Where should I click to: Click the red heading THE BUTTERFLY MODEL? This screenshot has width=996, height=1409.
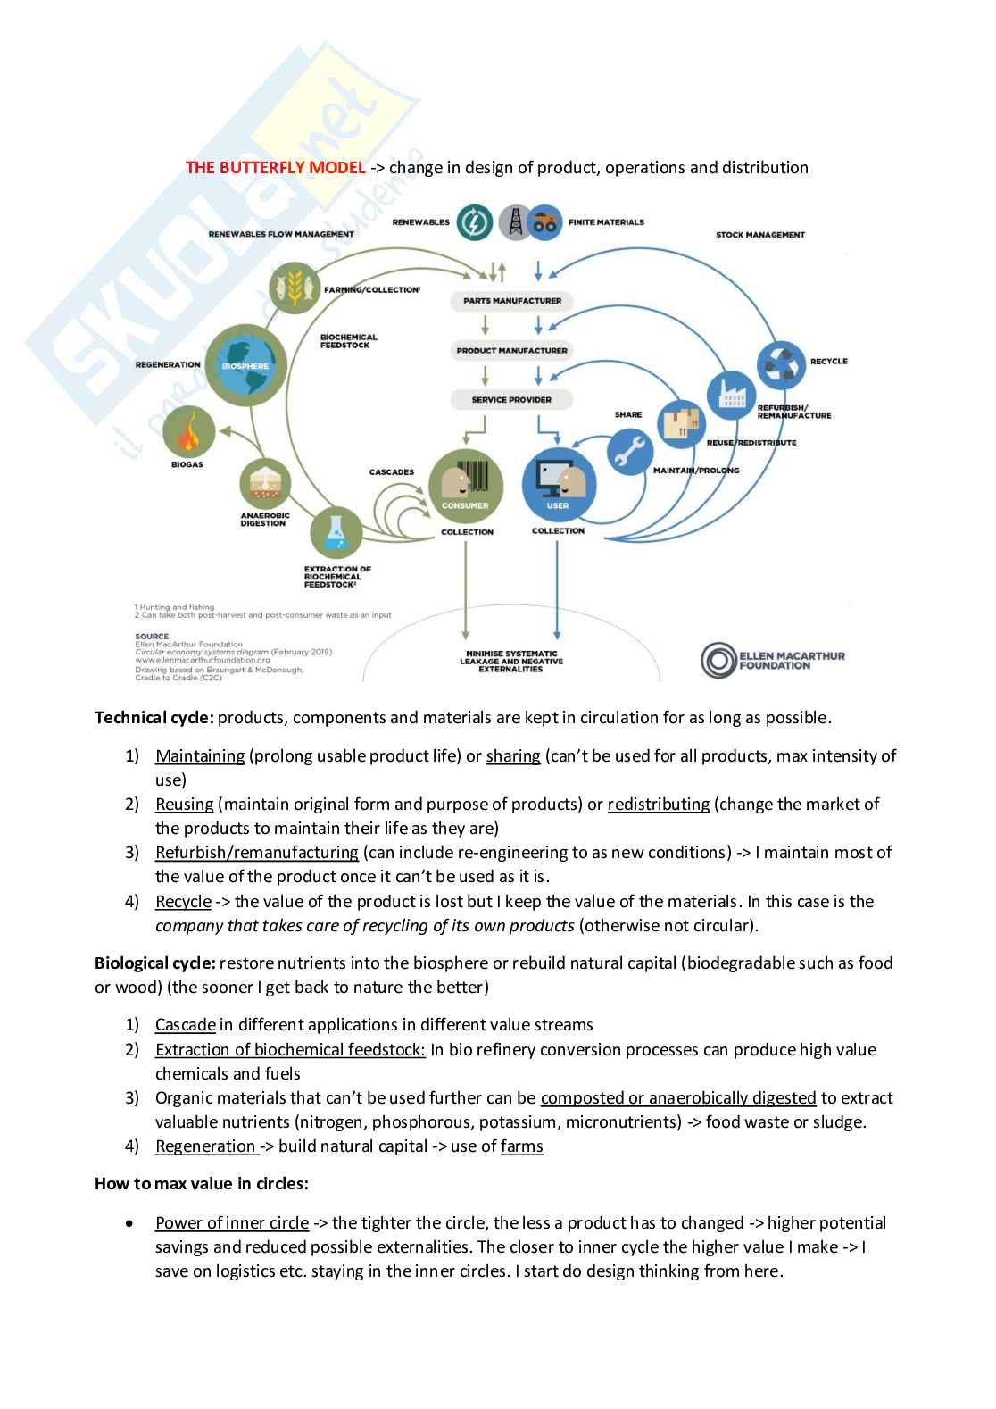point(275,168)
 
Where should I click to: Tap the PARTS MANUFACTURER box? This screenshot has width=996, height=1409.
point(511,301)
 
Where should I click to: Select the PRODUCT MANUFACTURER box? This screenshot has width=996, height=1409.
point(511,350)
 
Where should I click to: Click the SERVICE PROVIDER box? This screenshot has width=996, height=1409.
point(511,399)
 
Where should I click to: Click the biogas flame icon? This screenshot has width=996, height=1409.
point(189,432)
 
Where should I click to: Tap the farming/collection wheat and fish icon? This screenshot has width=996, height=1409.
point(295,288)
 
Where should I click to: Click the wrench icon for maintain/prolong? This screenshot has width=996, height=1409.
point(631,452)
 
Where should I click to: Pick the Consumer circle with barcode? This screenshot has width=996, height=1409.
point(465,486)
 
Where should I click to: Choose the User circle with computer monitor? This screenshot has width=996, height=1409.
point(557,486)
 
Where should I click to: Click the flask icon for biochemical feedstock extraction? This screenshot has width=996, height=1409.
point(336,532)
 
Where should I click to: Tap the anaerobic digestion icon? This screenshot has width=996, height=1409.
point(265,484)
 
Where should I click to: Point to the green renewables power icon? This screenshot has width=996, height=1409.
point(474,222)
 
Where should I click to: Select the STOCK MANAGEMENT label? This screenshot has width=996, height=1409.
point(759,235)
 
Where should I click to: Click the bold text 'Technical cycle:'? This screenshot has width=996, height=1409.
point(154,718)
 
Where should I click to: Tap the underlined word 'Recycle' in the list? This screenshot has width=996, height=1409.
point(183,902)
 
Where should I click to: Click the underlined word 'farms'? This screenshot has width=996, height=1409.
point(521,1146)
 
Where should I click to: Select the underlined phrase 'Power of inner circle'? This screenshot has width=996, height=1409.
point(232,1223)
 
